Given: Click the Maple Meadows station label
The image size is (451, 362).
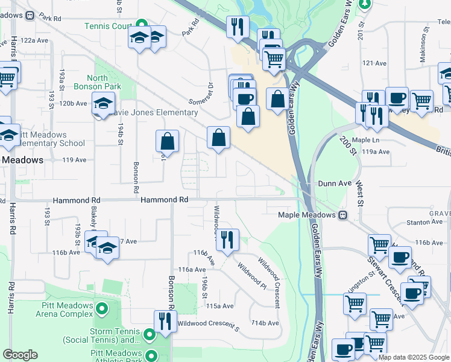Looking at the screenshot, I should tap(306, 215).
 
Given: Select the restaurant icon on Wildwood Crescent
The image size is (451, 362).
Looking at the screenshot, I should tap(227, 239).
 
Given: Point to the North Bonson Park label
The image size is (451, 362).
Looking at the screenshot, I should tap(106, 83).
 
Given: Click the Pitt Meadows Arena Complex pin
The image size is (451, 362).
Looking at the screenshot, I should tap(101, 309).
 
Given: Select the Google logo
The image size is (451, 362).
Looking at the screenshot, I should tap(20, 355).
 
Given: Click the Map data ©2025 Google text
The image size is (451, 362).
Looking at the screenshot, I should tap(413, 357).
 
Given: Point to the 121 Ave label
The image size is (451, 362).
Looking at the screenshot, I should tap(374, 63).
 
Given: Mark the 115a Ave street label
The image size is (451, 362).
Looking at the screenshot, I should tap(219, 306).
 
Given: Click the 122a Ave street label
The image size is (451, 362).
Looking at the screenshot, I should tap(34, 40).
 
